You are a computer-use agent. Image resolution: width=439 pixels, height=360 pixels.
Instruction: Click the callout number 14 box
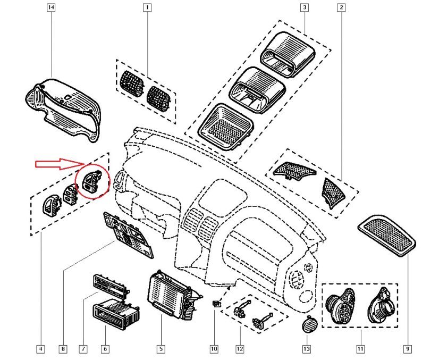[51, 8]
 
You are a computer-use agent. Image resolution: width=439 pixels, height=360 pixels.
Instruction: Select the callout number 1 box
[146, 8]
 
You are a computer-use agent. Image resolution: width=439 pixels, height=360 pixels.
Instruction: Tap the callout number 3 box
[304, 8]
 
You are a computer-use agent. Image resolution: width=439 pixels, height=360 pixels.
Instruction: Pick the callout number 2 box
[341, 8]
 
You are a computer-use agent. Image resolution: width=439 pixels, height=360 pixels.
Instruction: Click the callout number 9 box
[407, 349]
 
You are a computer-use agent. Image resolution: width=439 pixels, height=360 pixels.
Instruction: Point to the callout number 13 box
[306, 349]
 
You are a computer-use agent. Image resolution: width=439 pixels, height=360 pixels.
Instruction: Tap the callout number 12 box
[240, 349]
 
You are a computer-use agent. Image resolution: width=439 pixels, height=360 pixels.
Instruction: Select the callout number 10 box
[214, 349]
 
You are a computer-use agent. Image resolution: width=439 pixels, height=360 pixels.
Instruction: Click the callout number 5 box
[161, 349]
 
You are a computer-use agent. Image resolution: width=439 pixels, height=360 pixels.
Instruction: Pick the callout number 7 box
[83, 349]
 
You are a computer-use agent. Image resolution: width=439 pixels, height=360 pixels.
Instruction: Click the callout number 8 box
[63, 349]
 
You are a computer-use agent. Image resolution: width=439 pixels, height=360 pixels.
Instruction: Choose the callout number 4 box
[40, 349]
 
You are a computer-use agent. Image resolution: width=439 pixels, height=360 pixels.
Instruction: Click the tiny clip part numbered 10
[215, 304]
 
